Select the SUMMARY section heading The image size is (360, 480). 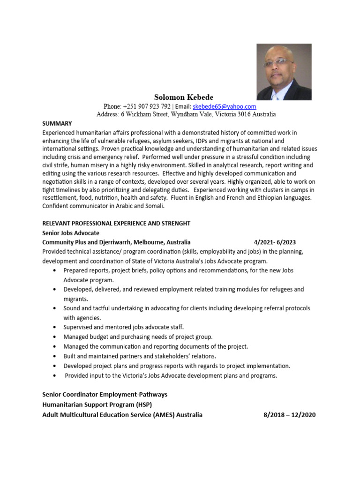point(57,124)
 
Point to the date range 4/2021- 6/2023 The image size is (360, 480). point(275,242)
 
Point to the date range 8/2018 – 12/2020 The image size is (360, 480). point(287,415)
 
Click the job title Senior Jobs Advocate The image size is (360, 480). point(71,233)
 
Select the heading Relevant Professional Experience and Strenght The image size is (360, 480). point(116,223)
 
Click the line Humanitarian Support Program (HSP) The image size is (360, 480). point(97,405)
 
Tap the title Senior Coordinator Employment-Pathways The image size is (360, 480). point(105,394)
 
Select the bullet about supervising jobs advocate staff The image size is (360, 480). point(123,327)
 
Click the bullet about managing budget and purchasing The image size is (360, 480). point(138,337)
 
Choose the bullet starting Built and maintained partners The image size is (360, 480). point(140,356)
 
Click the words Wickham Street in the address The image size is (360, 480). point(147,114)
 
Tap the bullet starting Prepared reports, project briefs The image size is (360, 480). point(178,270)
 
